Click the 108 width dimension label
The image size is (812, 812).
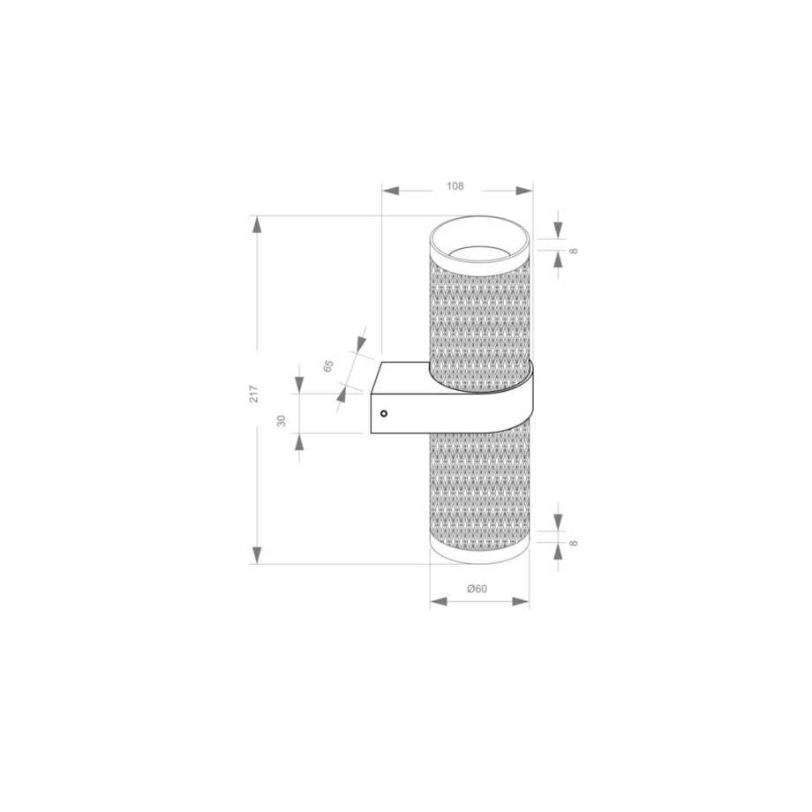click(x=455, y=186)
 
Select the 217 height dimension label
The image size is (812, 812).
click(x=254, y=395)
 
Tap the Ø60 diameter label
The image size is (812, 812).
click(x=477, y=589)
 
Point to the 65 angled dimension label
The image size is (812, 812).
click(x=328, y=365)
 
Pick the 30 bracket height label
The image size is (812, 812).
click(x=282, y=420)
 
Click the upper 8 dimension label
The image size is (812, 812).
click(x=574, y=252)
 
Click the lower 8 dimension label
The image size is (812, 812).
click(x=574, y=543)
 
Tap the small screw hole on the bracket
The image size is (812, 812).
click(x=384, y=413)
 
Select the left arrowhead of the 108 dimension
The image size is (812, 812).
click(x=390, y=191)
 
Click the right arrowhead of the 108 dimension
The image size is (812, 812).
click(x=524, y=191)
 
